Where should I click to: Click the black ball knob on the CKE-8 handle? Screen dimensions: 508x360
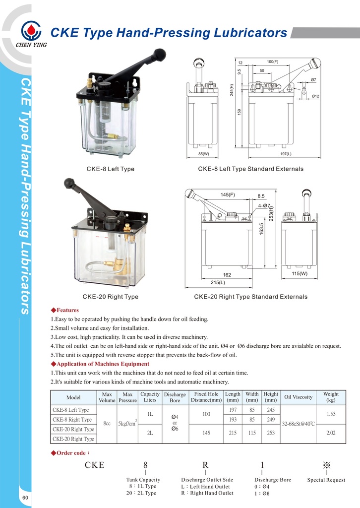pyautogui.click(x=159, y=53)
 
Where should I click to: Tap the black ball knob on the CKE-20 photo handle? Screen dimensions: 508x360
pyautogui.click(x=68, y=183)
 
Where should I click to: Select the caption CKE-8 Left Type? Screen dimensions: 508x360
pyautogui.click(x=110, y=169)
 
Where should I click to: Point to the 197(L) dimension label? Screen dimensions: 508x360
pyautogui.click(x=286, y=154)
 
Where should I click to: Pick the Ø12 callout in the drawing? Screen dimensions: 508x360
pyautogui.click(x=315, y=96)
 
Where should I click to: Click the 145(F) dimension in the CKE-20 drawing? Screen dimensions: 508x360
pyautogui.click(x=228, y=194)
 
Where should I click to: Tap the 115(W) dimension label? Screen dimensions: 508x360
pyautogui.click(x=300, y=273)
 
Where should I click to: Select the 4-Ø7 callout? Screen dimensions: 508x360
pyautogui.click(x=264, y=205)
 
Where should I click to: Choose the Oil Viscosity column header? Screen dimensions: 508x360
pyautogui.click(x=298, y=397)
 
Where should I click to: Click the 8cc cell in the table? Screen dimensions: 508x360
pyautogui.click(x=107, y=424)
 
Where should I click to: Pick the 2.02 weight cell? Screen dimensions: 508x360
pyautogui.click(x=331, y=433)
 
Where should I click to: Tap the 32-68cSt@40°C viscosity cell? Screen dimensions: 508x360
pyautogui.click(x=299, y=424)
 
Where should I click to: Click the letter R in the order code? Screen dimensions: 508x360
pyautogui.click(x=205, y=465)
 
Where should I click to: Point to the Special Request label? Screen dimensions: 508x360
pyautogui.click(x=326, y=480)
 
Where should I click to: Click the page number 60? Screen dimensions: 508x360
pyautogui.click(x=24, y=498)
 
